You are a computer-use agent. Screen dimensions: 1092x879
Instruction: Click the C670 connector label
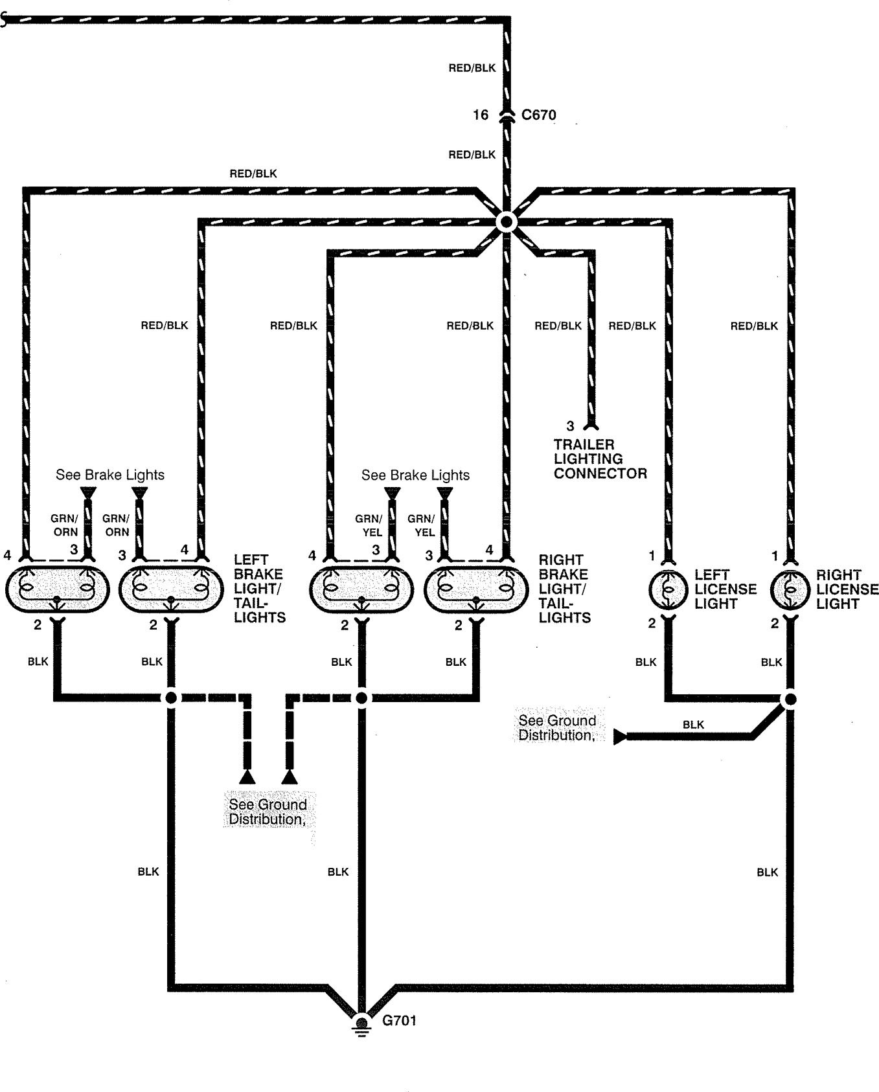(538, 115)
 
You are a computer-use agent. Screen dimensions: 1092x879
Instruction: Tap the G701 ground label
(399, 1021)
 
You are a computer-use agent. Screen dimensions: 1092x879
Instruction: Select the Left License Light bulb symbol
(668, 590)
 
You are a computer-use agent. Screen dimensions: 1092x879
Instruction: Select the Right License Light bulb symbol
(790, 590)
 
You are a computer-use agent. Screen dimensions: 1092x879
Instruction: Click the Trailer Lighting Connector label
(600, 459)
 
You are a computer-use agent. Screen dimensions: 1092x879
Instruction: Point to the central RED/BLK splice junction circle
(507, 222)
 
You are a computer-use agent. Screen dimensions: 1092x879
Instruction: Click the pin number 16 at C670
(480, 115)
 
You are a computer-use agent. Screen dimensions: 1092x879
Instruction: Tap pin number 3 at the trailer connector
(570, 426)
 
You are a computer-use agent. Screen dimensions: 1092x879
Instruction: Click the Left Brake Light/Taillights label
(259, 589)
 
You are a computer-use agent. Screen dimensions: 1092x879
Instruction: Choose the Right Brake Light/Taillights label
(564, 589)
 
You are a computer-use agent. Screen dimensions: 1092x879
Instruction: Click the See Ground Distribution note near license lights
(556, 728)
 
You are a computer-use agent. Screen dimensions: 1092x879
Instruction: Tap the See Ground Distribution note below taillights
(268, 812)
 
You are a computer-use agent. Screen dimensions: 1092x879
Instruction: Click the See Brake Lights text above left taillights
(110, 475)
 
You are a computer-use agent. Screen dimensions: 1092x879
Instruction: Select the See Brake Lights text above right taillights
(415, 475)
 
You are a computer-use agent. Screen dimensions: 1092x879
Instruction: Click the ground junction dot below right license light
(790, 700)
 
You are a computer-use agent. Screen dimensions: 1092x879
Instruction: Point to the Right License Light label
(847, 589)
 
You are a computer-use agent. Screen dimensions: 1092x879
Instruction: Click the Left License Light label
(725, 589)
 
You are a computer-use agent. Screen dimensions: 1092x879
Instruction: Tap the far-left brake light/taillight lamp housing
(57, 589)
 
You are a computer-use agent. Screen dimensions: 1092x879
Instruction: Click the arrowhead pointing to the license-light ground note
(620, 737)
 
